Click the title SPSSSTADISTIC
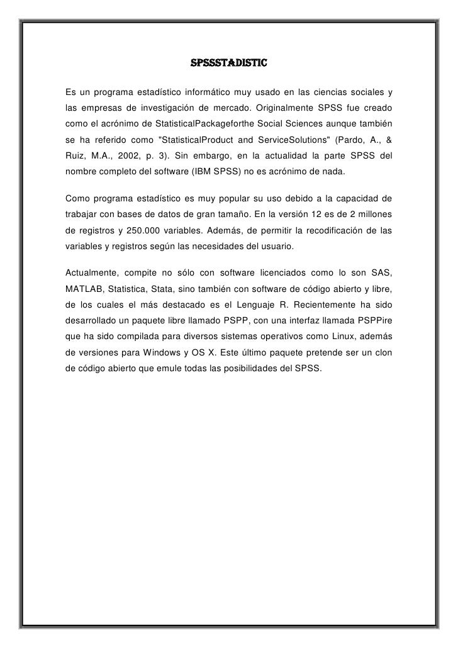229,64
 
